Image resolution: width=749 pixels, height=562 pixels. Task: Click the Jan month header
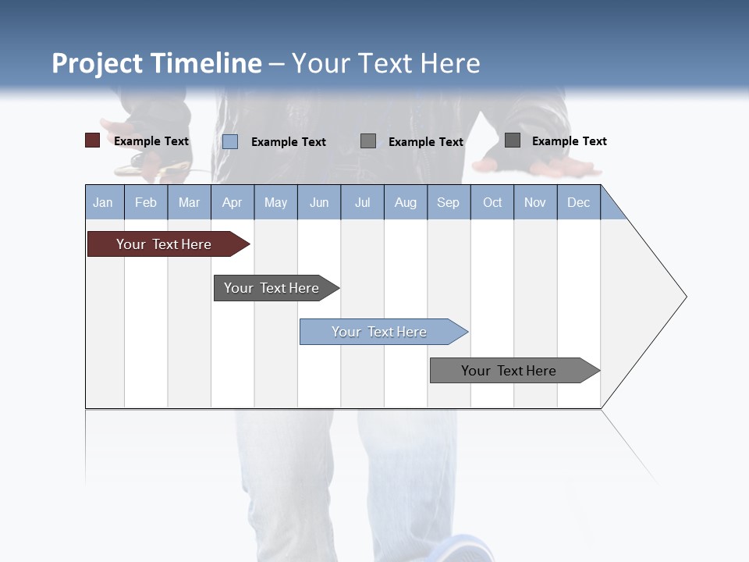tap(103, 202)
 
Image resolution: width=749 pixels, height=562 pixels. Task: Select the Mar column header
tap(189, 202)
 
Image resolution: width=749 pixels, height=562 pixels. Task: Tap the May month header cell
tap(275, 202)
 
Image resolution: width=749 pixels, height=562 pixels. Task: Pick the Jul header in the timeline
tap(362, 202)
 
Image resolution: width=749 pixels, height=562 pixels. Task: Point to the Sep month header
tap(448, 202)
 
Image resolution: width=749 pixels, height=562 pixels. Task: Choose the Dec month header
tap(578, 202)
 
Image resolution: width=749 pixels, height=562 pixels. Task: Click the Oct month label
tap(492, 202)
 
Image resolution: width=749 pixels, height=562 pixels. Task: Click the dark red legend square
tap(92, 140)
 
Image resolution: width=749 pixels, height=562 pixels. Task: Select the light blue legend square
tap(230, 141)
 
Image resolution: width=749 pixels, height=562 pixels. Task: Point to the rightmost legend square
tap(513, 140)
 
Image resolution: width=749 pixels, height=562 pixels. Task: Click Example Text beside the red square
tap(151, 141)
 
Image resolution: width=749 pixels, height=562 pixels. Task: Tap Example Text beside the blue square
tap(289, 142)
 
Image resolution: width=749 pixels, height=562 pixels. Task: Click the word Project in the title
tap(98, 63)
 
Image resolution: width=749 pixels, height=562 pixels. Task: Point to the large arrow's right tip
tap(684, 297)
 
